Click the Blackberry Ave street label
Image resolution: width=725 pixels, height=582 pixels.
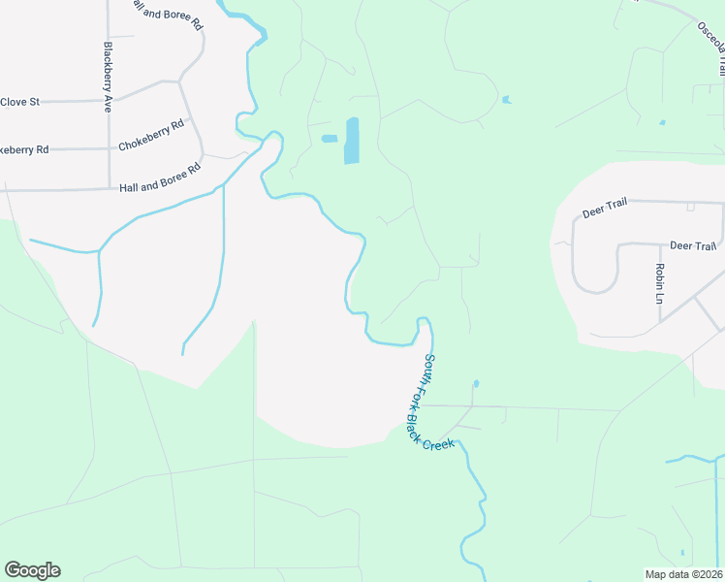point(108,78)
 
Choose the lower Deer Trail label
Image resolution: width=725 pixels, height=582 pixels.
point(693,246)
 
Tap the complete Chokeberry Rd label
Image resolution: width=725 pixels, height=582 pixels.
point(151,137)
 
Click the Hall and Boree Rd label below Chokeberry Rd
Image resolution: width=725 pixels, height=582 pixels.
point(159,178)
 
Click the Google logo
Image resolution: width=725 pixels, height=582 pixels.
point(32,570)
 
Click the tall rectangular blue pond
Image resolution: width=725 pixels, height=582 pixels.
point(351,141)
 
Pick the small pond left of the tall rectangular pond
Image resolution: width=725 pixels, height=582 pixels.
point(330,139)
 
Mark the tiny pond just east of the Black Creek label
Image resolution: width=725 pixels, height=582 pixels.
point(476,383)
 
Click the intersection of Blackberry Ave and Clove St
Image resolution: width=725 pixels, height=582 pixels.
point(108,99)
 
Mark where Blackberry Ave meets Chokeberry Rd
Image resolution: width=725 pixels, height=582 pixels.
point(108,148)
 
